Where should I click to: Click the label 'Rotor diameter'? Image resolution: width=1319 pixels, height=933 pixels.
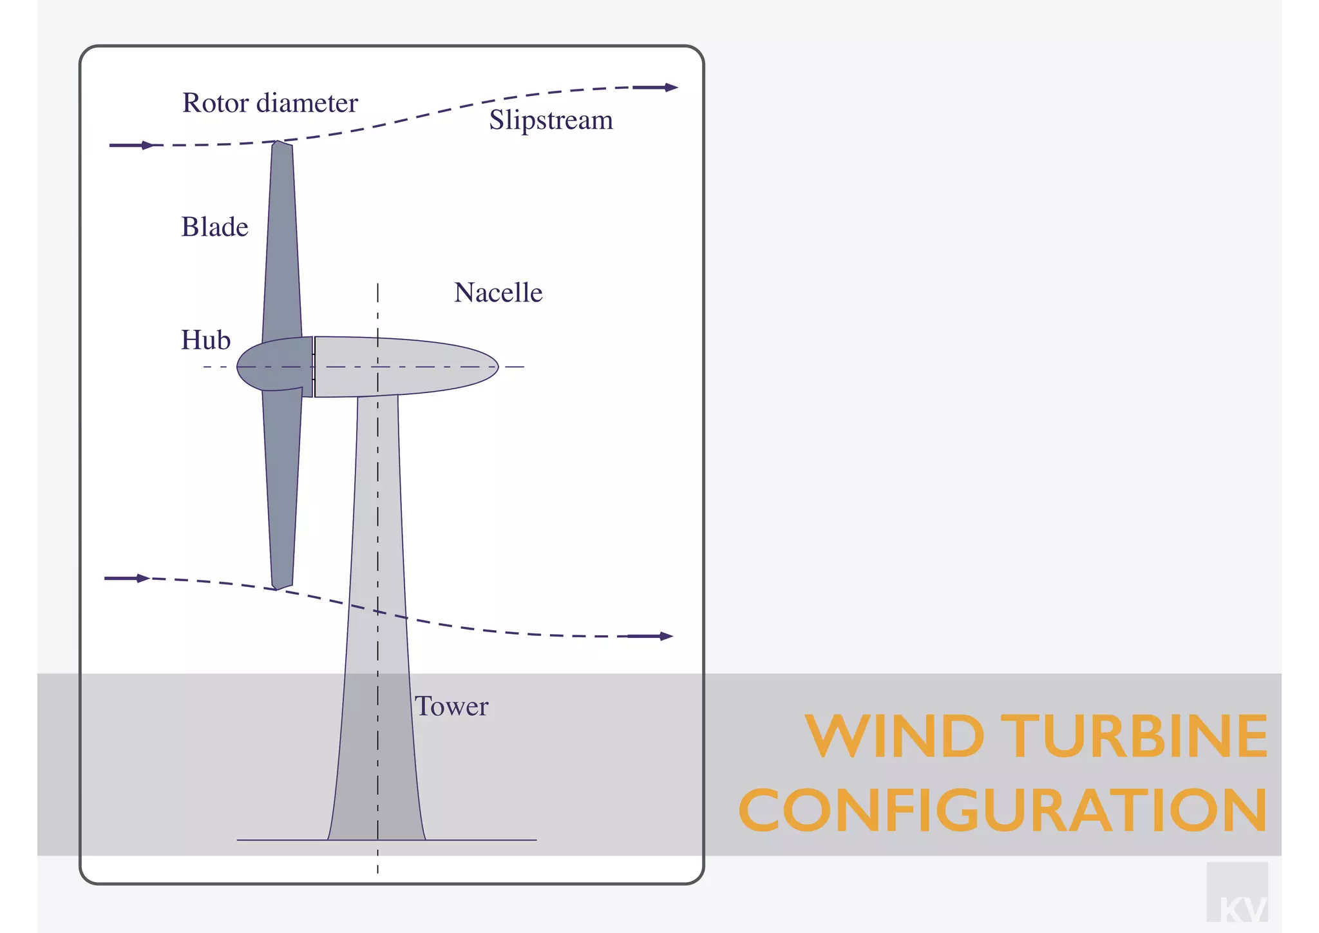[x=270, y=103]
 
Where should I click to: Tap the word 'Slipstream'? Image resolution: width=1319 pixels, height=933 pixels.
[x=551, y=120]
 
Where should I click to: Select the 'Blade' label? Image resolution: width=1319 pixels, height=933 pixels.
[x=214, y=227]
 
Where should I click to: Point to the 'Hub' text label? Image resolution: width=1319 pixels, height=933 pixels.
[x=205, y=340]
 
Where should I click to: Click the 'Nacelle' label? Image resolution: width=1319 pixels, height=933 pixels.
[x=498, y=293]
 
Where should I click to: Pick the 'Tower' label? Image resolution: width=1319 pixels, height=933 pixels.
[x=451, y=707]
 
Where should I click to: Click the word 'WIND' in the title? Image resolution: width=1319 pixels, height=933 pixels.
[x=895, y=736]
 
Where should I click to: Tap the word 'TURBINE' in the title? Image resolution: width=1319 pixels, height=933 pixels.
[x=1137, y=736]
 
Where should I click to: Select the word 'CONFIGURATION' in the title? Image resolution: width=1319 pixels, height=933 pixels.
[x=1003, y=810]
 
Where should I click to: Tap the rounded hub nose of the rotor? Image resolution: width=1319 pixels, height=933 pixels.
[x=242, y=367]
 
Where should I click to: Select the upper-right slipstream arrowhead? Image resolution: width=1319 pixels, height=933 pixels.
[x=671, y=88]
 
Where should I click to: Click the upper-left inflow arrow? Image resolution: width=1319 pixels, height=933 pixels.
[x=132, y=146]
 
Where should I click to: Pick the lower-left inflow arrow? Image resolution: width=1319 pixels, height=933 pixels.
[x=128, y=579]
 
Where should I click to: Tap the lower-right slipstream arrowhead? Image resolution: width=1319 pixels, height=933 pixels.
[x=666, y=637]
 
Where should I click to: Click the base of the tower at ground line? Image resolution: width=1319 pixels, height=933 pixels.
[x=377, y=838]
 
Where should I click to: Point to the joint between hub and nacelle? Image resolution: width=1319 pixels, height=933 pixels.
[x=314, y=367]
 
